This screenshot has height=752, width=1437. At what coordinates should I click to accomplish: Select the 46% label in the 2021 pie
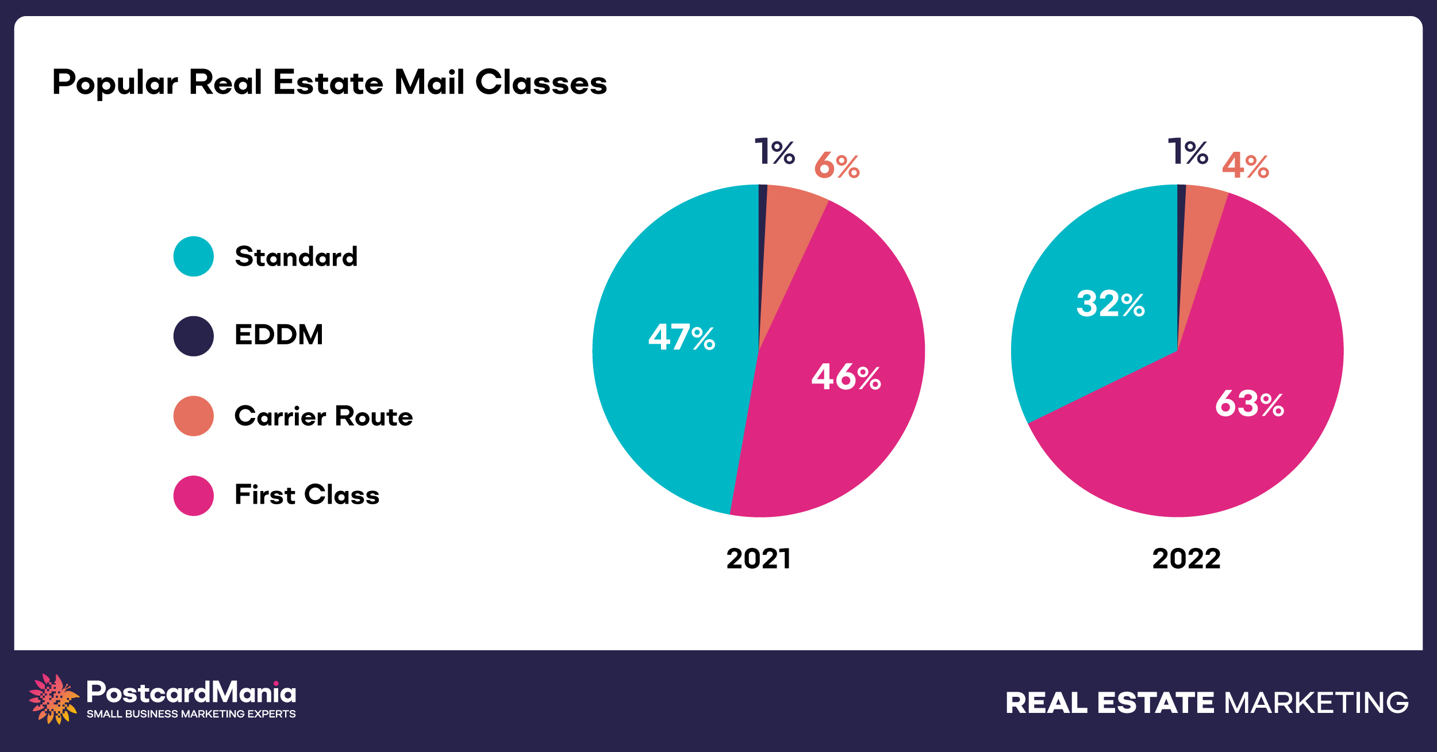tap(846, 377)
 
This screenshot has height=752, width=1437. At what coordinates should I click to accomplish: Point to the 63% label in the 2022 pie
tap(1250, 404)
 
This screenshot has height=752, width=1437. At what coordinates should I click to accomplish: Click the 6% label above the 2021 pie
tap(837, 166)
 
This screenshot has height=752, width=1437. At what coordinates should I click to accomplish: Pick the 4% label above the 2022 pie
tap(1246, 166)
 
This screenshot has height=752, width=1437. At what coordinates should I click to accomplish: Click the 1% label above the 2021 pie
tap(774, 152)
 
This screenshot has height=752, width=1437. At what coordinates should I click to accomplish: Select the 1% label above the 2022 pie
tap(1188, 152)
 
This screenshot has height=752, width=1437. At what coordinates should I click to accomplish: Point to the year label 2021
tap(759, 559)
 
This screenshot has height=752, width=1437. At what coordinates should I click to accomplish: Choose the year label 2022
tap(1186, 559)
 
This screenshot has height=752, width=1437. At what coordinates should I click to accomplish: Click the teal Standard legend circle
tap(194, 256)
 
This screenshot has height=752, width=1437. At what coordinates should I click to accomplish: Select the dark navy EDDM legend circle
tap(194, 336)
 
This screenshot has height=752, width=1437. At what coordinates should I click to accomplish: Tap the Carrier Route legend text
tap(324, 416)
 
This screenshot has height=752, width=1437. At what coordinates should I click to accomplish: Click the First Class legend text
tap(307, 495)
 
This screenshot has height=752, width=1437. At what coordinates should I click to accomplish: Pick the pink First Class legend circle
tap(194, 496)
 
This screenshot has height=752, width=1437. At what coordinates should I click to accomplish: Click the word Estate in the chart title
tap(328, 82)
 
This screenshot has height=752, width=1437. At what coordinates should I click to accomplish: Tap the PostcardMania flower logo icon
tap(53, 699)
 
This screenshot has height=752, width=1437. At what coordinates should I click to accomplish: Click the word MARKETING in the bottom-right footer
tap(1316, 703)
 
